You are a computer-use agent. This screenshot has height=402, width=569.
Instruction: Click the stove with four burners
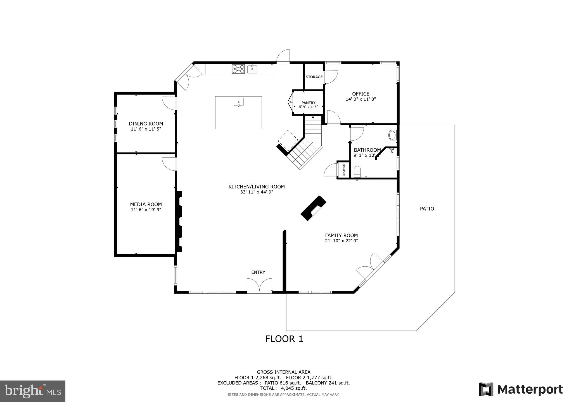[238, 69]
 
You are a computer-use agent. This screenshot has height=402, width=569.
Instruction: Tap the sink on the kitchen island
[238, 102]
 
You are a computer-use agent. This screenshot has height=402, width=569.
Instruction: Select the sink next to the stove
[252, 69]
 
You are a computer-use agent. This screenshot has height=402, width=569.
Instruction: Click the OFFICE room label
[361, 94]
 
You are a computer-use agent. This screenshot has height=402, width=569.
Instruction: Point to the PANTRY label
[308, 103]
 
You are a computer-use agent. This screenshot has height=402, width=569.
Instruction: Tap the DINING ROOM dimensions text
[146, 129]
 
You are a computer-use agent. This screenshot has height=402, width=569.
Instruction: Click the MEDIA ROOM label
[146, 204]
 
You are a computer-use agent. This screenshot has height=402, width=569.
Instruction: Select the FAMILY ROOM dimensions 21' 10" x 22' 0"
[341, 241]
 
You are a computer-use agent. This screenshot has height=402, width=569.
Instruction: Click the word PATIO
[427, 209]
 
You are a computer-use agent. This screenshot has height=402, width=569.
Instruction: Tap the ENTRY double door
[259, 285]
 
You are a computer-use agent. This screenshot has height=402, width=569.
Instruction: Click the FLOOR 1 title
[284, 339]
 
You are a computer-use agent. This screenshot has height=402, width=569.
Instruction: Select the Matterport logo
[521, 389]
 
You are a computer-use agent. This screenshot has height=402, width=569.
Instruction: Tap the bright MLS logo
[33, 391]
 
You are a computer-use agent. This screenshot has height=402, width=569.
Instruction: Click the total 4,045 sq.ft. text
[283, 388]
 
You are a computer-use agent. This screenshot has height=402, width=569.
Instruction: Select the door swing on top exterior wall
[283, 57]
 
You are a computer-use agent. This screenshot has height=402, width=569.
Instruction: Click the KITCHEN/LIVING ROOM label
[257, 187]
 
